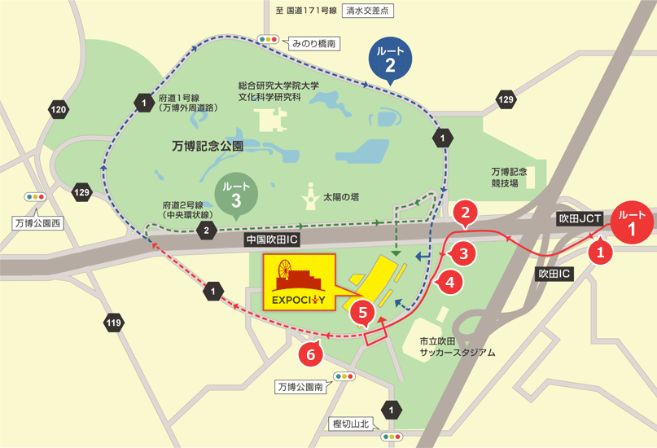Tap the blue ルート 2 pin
click(390, 59)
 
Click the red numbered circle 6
click(308, 354)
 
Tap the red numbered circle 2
click(465, 214)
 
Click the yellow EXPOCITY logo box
click(298, 282)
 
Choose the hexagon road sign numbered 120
click(59, 109)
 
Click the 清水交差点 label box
click(369, 11)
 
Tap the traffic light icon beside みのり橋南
click(268, 39)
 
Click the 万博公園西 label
click(39, 222)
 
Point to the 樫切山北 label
click(352, 424)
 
